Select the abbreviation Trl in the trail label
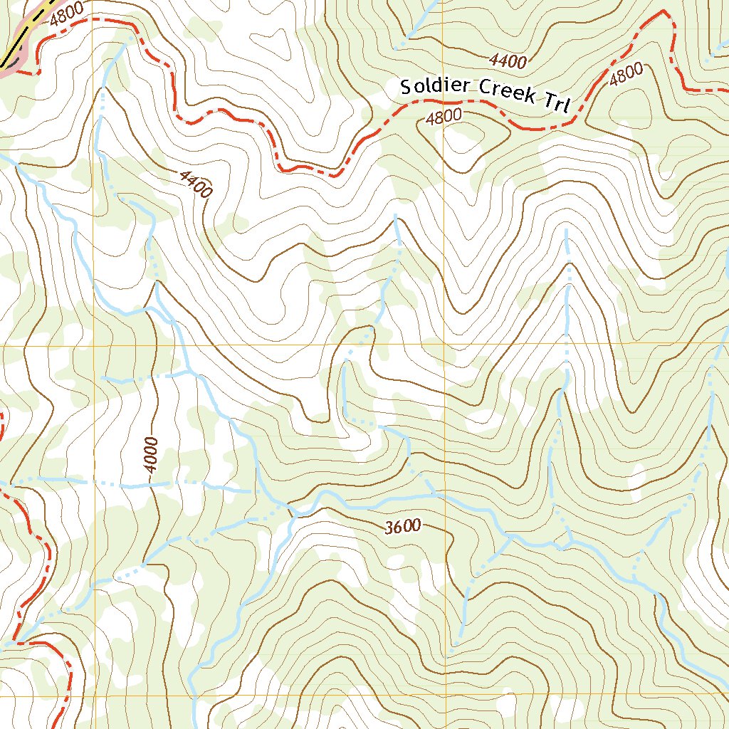click(x=557, y=103)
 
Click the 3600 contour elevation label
click(x=403, y=528)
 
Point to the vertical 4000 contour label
click(x=150, y=455)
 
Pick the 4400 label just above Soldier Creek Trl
click(x=508, y=61)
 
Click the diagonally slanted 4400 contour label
click(x=196, y=184)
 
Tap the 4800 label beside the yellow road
click(x=66, y=14)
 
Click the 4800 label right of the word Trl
click(x=626, y=75)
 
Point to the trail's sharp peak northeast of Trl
click(x=664, y=12)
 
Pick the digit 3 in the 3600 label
click(x=389, y=529)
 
